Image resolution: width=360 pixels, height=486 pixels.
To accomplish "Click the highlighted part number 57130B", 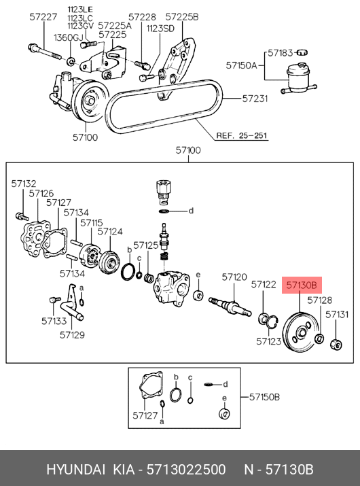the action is click(302, 285).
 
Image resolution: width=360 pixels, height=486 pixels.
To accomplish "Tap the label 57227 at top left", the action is click(43, 17).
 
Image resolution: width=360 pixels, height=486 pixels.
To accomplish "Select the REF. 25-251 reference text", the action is click(242, 135).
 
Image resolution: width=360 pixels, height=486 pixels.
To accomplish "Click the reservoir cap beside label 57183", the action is click(302, 52).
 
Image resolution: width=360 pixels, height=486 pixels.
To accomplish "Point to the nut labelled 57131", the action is click(336, 345).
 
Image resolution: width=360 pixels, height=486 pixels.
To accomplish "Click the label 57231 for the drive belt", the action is click(255, 99).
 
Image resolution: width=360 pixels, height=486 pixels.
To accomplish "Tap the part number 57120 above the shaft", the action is click(234, 277).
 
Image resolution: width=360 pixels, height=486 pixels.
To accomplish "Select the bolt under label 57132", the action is click(22, 216).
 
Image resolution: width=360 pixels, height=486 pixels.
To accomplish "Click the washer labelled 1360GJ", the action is click(71, 61).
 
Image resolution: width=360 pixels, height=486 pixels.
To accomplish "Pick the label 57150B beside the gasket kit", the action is click(264, 397).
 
